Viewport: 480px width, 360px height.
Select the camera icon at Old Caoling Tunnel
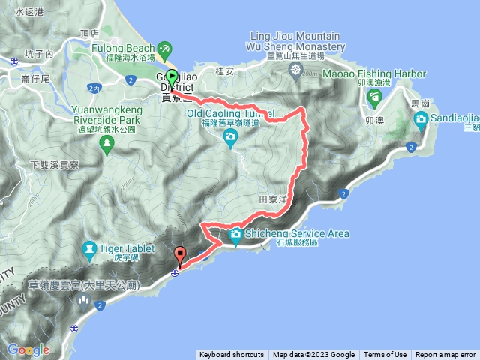[230, 136]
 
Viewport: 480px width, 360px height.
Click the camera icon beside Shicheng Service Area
[236, 234]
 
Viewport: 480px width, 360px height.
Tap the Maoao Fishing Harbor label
[374, 73]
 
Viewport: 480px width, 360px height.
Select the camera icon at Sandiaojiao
[421, 118]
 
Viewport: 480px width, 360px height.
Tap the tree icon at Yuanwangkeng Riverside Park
[107, 141]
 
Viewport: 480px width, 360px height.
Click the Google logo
[28, 349]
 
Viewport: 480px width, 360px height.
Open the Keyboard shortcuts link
[231, 355]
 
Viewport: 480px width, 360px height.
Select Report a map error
[445, 355]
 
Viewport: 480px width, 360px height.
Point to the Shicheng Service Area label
[297, 233]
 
